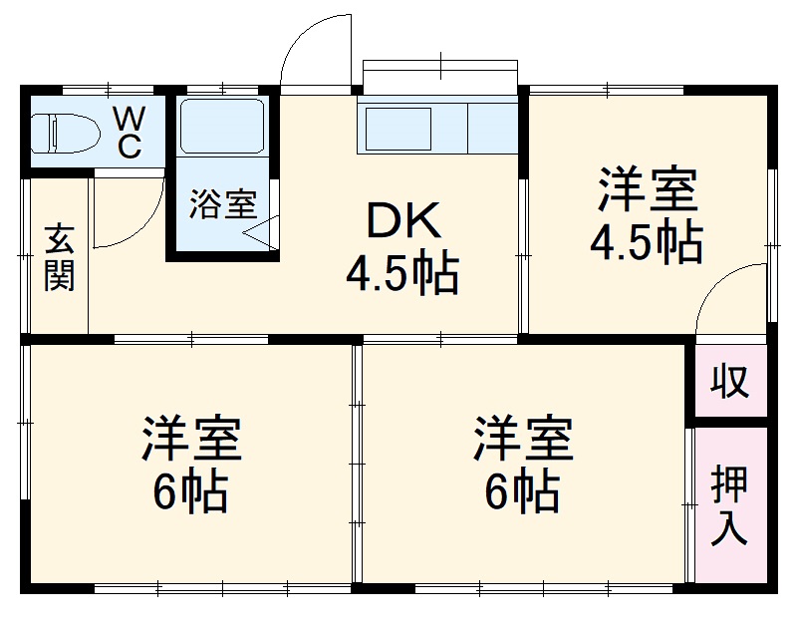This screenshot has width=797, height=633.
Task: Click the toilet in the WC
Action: [x=62, y=133]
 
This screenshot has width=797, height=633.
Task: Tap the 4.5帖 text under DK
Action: [x=402, y=274]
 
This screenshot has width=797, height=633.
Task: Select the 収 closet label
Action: [x=730, y=381]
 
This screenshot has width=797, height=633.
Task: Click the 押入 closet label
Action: [x=730, y=505]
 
